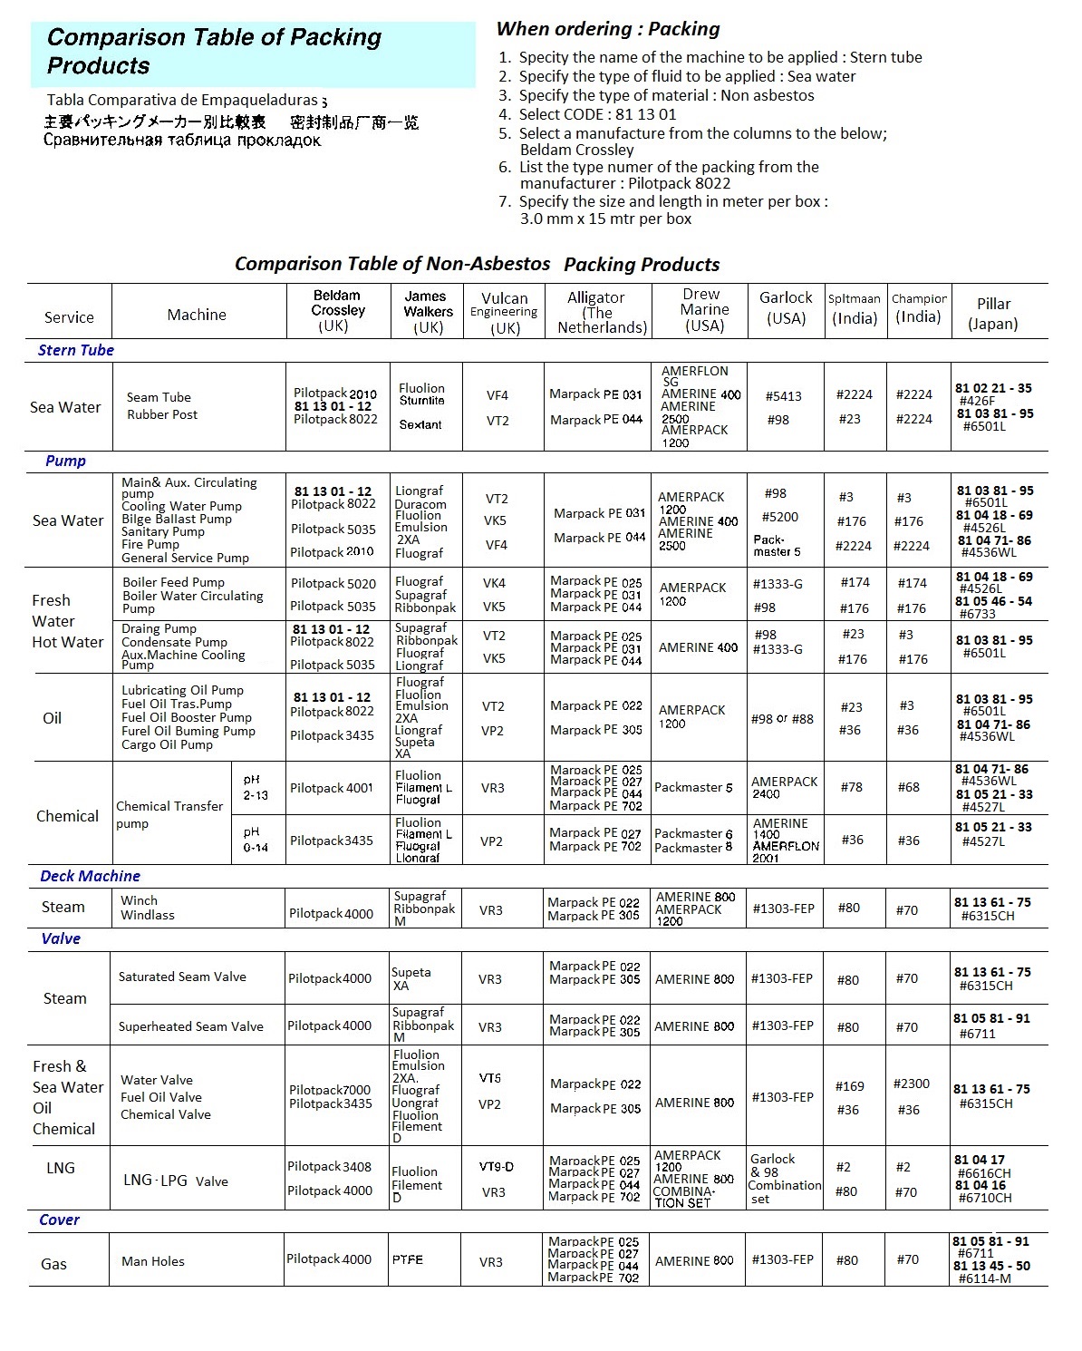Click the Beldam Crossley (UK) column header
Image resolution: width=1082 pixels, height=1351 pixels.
pyautogui.click(x=338, y=310)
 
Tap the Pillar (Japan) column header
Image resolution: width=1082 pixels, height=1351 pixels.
pyautogui.click(x=993, y=313)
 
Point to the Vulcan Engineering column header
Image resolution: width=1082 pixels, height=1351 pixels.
pyautogui.click(x=504, y=312)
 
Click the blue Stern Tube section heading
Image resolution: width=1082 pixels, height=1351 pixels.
pyautogui.click(x=76, y=350)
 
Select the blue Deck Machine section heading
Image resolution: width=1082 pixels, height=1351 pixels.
pyautogui.click(x=90, y=876)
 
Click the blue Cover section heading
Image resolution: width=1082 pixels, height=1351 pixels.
pyautogui.click(x=59, y=1220)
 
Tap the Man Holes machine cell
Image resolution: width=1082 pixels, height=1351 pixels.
pyautogui.click(x=153, y=1261)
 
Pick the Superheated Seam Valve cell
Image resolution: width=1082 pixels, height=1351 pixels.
pyautogui.click(x=191, y=1026)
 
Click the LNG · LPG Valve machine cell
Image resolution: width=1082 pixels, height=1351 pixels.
pyautogui.click(x=176, y=1181)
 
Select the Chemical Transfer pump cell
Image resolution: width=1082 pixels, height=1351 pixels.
pyautogui.click(x=169, y=814)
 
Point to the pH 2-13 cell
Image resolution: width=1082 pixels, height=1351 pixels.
pyautogui.click(x=256, y=787)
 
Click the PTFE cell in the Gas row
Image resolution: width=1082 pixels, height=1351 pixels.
pyautogui.click(x=408, y=1259)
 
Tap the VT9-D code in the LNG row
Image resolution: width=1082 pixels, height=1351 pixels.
pyautogui.click(x=496, y=1167)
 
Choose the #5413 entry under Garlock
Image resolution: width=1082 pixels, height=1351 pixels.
pyautogui.click(x=783, y=396)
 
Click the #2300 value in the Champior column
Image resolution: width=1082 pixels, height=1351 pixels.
pyautogui.click(x=911, y=1084)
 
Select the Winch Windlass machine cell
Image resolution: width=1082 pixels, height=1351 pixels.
pyautogui.click(x=148, y=908)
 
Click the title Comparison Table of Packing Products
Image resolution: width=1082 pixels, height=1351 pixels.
pyautogui.click(x=214, y=52)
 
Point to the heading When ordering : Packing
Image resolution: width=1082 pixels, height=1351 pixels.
pyautogui.click(x=608, y=29)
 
